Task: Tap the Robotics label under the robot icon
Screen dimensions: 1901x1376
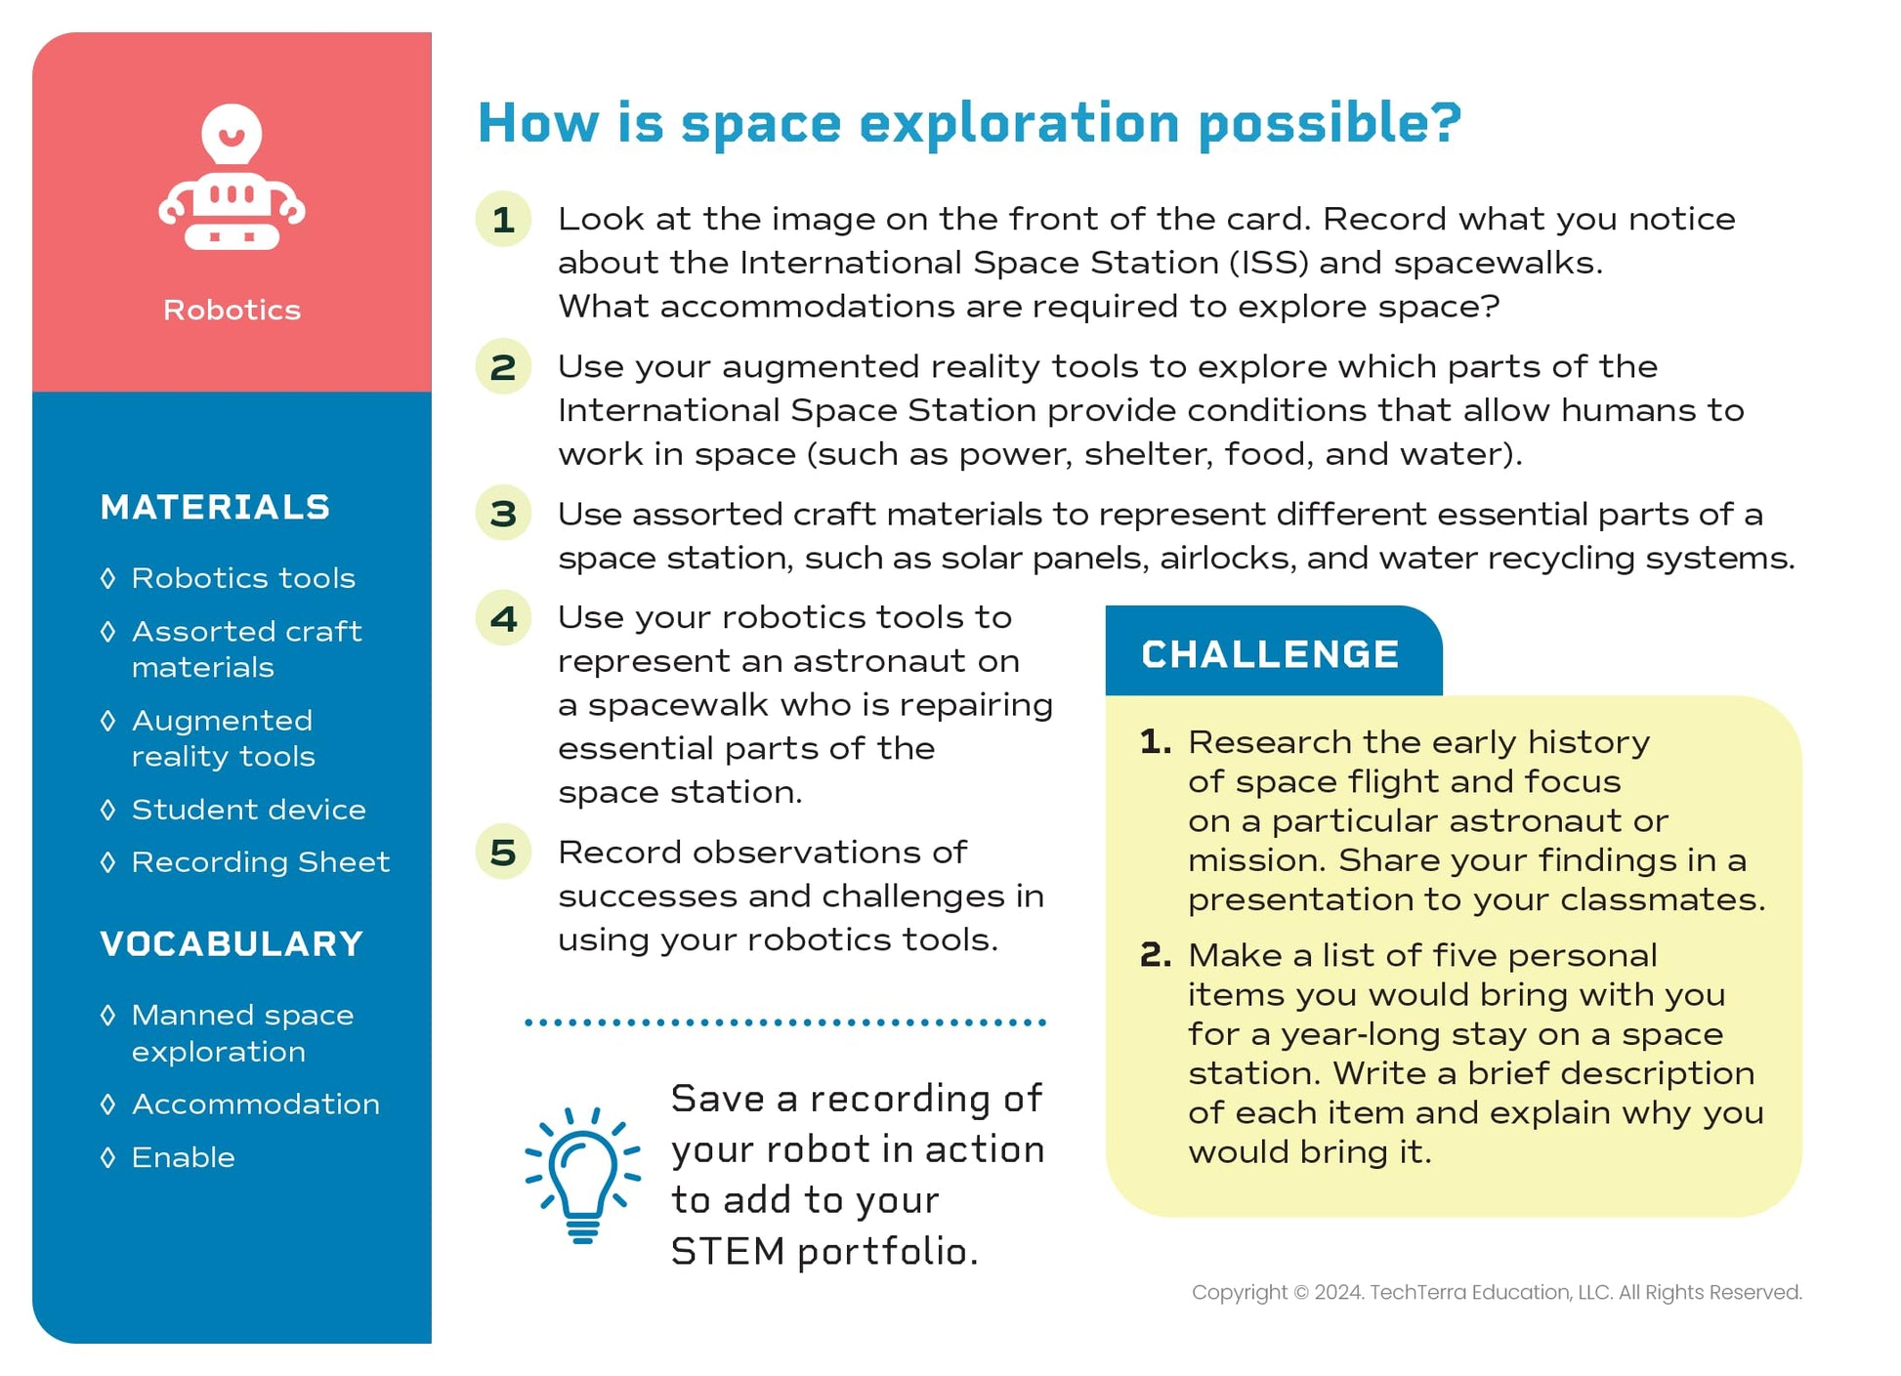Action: point(232,310)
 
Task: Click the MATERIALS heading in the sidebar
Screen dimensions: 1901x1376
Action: point(215,507)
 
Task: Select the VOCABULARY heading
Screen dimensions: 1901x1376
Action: point(232,943)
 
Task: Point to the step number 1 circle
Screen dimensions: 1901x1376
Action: point(503,219)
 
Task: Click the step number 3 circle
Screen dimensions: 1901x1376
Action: point(503,513)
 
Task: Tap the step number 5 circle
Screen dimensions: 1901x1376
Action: point(503,852)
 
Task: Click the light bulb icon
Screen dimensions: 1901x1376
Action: point(583,1175)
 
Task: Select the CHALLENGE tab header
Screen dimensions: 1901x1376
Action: point(1273,651)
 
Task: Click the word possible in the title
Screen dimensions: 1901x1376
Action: point(1330,125)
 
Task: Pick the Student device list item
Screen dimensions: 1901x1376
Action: point(248,809)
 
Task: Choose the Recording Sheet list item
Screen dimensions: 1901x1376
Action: point(260,861)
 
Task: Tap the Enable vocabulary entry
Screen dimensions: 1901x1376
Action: point(183,1157)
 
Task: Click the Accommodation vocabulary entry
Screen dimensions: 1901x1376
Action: point(255,1104)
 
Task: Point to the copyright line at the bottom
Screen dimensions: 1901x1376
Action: point(1497,1292)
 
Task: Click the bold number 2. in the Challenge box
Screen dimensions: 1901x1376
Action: point(1155,954)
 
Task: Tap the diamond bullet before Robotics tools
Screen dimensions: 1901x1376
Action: point(108,577)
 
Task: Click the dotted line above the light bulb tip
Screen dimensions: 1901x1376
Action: point(785,1022)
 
